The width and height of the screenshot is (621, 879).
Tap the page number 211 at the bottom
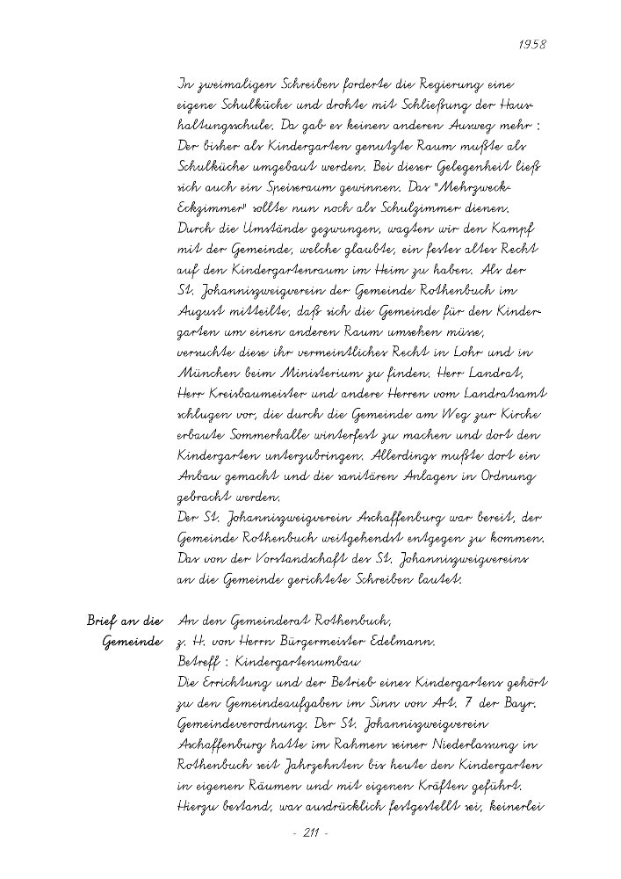309,832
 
